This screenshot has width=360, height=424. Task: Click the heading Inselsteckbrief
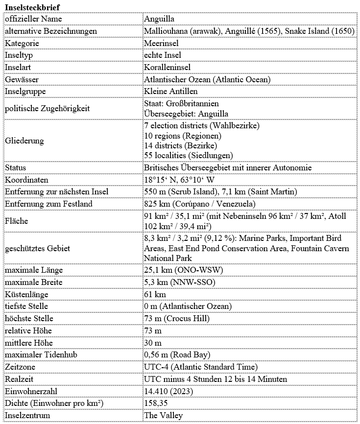pos(33,7)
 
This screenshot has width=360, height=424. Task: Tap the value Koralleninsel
pos(167,67)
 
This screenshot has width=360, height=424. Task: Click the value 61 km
pos(155,294)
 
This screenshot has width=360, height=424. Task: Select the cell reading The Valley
pos(163,416)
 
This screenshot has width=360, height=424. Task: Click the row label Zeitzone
pos(20,367)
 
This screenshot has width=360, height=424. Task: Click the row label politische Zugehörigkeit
pos(47,108)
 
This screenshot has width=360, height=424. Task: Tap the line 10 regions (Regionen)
pos(183,135)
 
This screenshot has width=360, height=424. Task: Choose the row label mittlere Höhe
pos(29,343)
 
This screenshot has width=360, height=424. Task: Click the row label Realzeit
pos(20,379)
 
